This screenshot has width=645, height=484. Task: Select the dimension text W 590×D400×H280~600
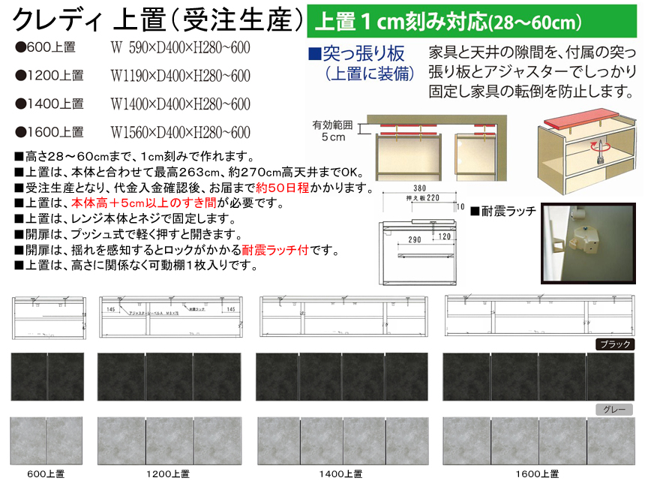tap(180, 47)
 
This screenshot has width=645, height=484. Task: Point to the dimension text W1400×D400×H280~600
tap(180, 104)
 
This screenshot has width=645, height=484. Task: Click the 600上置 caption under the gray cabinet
tap(46, 474)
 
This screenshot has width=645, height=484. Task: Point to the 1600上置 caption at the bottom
tap(537, 474)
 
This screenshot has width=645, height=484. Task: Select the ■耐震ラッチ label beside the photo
tap(502, 212)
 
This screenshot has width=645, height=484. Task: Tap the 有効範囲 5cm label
tap(333, 131)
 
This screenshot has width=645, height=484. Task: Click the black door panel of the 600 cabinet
tap(46, 378)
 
